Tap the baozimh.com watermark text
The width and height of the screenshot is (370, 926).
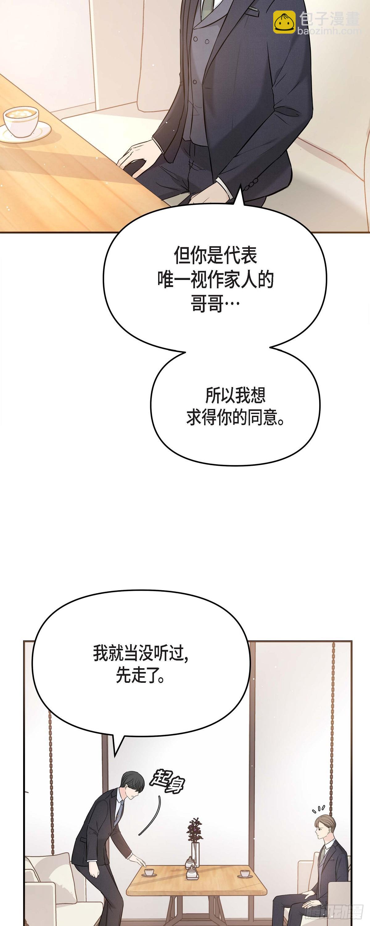[x=329, y=31]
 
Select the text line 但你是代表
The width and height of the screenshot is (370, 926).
[x=215, y=256]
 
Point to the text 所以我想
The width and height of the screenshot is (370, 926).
[x=235, y=395]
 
